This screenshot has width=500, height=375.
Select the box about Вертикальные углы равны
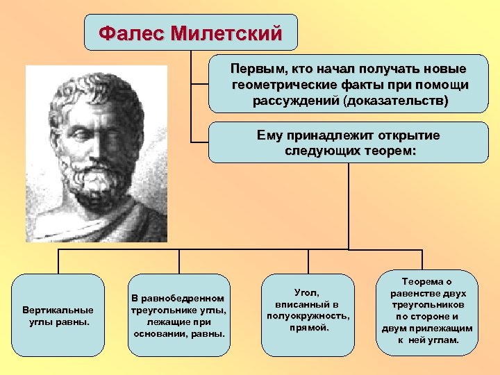(x=58, y=315)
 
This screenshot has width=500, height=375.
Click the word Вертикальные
(x=58, y=309)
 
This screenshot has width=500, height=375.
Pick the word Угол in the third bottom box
(x=307, y=292)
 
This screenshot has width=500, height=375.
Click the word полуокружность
(x=308, y=316)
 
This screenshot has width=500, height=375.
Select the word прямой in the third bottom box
(x=307, y=328)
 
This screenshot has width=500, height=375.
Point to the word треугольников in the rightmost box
(x=426, y=305)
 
